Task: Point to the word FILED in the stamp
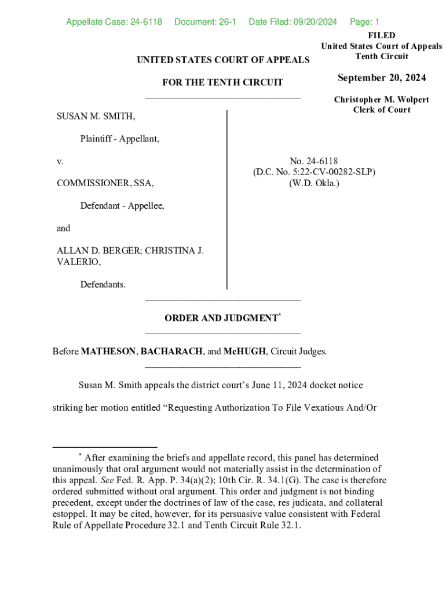382,36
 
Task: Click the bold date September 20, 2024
382,78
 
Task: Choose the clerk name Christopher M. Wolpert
382,100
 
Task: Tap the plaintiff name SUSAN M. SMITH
96,117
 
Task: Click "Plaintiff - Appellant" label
119,139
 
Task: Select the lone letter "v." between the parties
60,161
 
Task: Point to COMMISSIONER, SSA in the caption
105,183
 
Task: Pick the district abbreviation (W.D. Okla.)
314,183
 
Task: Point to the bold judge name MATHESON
109,352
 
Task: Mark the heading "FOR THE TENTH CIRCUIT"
222,82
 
